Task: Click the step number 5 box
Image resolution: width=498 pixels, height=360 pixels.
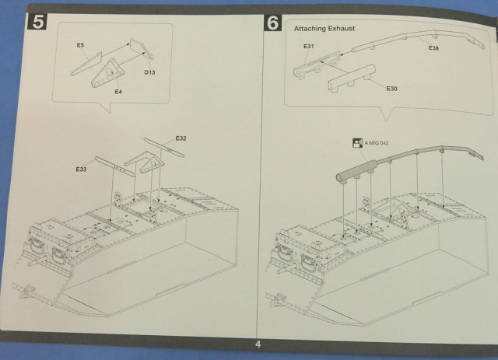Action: click(x=38, y=23)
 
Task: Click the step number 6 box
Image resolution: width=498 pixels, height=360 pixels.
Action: click(x=272, y=23)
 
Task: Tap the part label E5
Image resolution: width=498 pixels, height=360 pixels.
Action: click(x=80, y=46)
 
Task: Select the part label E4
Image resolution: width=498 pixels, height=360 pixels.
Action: click(x=118, y=92)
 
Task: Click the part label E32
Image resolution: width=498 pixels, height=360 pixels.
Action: click(x=181, y=138)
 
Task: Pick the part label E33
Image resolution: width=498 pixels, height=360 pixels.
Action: click(x=81, y=169)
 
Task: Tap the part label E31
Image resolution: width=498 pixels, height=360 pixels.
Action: click(x=309, y=47)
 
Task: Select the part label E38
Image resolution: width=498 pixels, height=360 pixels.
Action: click(x=434, y=49)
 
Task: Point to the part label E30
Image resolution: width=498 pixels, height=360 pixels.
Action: click(x=392, y=89)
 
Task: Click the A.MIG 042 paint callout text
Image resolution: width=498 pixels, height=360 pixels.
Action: click(x=377, y=143)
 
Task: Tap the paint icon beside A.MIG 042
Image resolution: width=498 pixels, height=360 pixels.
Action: click(x=356, y=143)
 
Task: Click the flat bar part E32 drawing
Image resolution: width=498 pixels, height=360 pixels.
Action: click(x=166, y=151)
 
